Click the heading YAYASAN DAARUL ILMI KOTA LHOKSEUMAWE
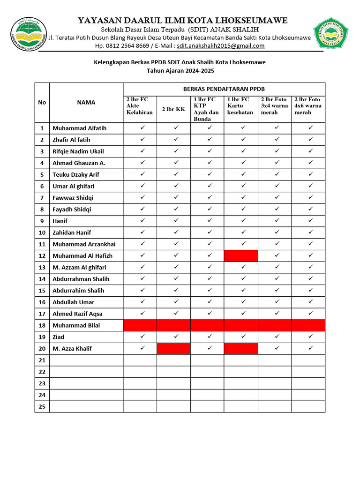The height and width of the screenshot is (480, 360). [182, 20]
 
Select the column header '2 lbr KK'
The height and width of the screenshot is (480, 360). [173, 109]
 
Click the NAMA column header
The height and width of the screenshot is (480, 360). [86, 103]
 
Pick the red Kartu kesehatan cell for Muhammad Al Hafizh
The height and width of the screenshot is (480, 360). [241, 255]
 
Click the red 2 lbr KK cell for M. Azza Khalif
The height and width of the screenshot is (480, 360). [173, 348]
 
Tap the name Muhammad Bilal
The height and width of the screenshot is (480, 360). [76, 325]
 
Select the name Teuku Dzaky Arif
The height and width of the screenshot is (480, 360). [76, 174]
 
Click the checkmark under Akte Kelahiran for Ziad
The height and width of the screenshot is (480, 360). [140, 337]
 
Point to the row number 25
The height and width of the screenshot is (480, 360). [42, 406]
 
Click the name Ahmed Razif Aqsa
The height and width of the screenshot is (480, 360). [77, 314]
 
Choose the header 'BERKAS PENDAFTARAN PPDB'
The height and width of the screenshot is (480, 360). [224, 89]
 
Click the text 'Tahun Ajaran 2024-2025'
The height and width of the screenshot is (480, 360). [180, 71]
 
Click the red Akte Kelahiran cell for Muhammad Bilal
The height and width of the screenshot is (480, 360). [140, 325]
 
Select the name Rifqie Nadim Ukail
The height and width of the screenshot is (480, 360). [78, 151]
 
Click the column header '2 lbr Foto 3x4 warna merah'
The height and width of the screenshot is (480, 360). [275, 106]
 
